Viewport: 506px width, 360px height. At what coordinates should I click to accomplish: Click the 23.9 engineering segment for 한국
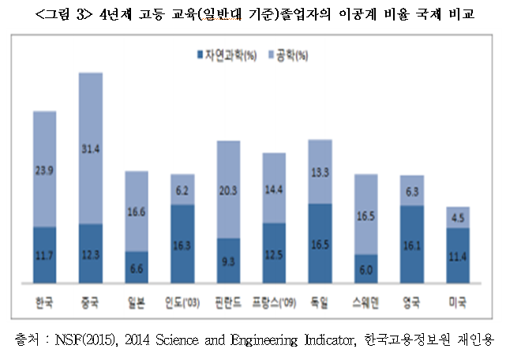[x=44, y=169]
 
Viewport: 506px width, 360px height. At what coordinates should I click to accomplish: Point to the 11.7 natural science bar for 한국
[x=44, y=254]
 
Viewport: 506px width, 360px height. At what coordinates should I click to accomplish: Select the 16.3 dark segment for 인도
[x=182, y=244]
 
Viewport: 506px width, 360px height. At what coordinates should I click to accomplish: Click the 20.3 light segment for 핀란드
[x=228, y=189]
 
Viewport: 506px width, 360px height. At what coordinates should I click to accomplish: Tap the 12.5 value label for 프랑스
[x=274, y=254]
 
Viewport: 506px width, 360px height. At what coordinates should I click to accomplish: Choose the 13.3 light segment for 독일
[x=320, y=171]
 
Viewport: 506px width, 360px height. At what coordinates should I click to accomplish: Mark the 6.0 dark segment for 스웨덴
[x=365, y=268]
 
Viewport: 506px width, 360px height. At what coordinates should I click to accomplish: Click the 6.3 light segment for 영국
[x=411, y=190]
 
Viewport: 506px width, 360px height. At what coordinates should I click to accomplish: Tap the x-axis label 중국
[x=90, y=302]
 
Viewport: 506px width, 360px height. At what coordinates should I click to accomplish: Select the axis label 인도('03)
[x=182, y=302]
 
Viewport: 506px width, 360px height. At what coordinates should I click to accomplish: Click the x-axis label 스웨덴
[x=365, y=302]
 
